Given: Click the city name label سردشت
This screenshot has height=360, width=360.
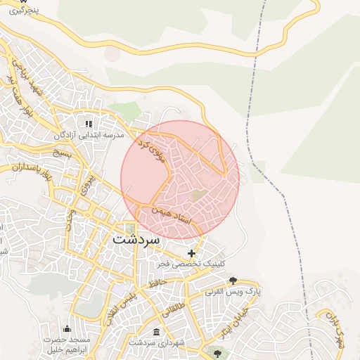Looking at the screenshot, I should pos(136,238).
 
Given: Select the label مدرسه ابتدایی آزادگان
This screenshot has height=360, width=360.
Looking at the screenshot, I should pos(89,134).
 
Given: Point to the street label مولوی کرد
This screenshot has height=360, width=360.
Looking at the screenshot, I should pos(152,150).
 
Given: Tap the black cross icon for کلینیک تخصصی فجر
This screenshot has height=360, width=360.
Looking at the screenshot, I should pos(191,252).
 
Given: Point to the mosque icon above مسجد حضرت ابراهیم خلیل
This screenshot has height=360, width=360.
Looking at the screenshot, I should pos(67,329).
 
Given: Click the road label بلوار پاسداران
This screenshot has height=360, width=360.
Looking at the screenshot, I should pos(32,169).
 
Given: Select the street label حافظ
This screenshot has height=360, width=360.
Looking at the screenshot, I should pos(157,283).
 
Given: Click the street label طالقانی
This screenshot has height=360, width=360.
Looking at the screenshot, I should pos(172,304).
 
